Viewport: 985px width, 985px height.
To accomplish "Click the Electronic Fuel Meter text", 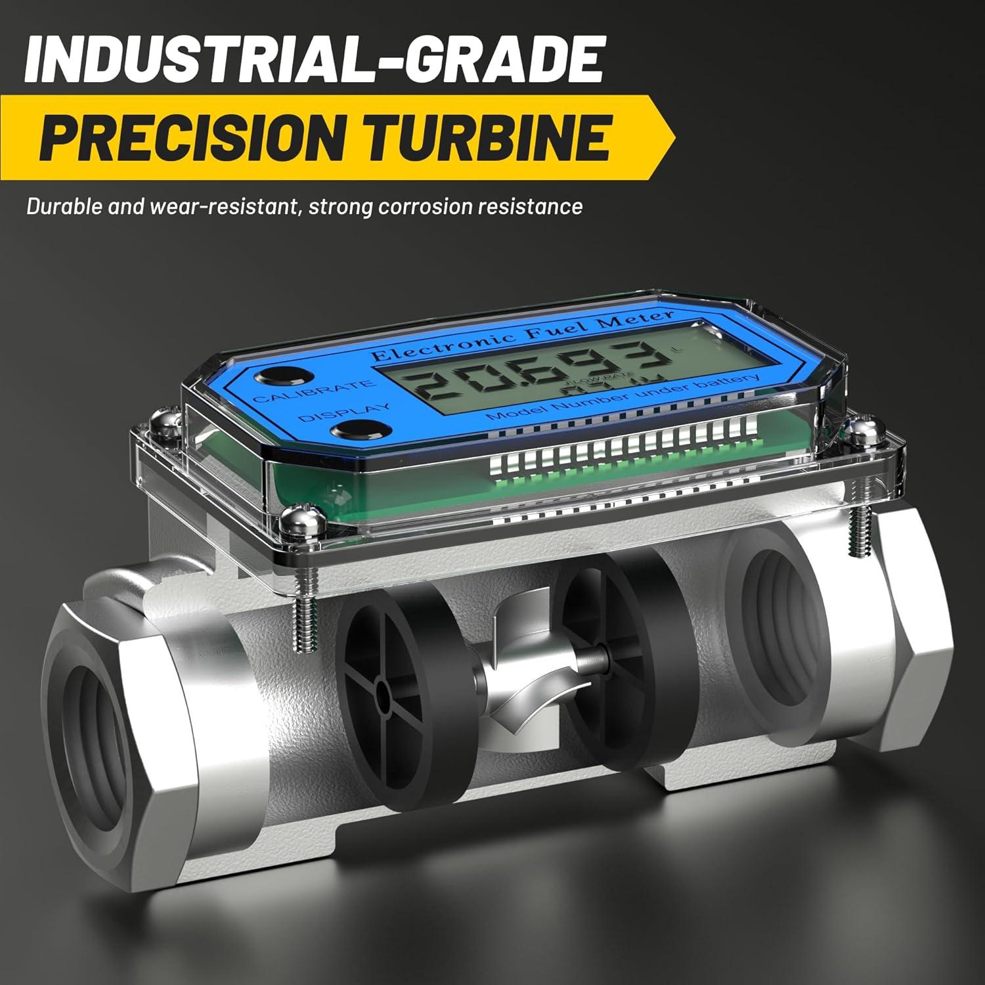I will click(522, 335).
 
